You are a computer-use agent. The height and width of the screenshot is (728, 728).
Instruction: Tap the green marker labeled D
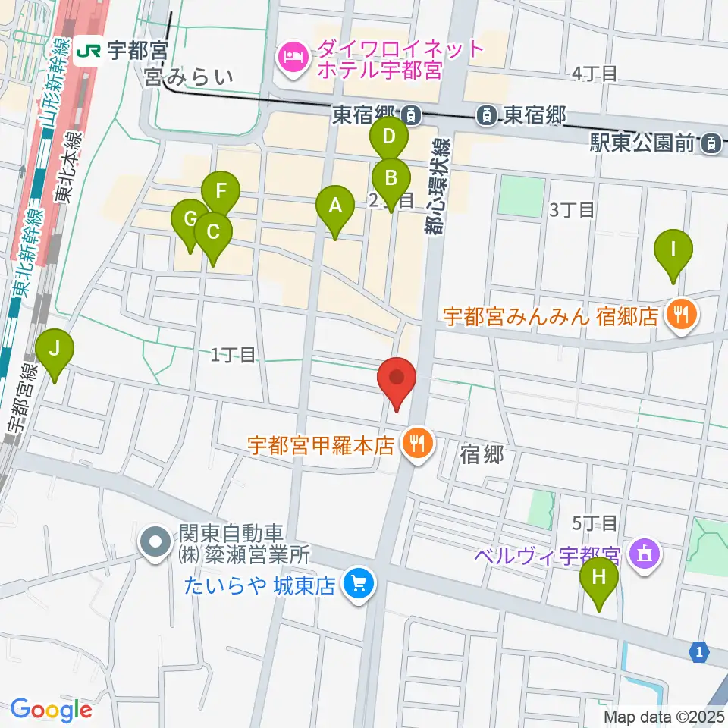click(388, 138)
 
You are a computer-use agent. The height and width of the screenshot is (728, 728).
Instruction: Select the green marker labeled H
click(599, 578)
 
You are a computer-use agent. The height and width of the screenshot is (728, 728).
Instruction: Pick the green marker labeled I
click(672, 249)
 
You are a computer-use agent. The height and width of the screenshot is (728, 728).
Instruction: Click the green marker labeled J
click(55, 351)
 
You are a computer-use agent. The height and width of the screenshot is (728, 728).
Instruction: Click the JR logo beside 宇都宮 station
click(88, 51)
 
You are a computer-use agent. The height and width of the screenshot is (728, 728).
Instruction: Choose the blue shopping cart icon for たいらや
click(357, 583)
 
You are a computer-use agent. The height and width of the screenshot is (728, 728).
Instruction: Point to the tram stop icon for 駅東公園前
click(711, 141)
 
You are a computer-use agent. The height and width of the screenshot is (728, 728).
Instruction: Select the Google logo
click(51, 709)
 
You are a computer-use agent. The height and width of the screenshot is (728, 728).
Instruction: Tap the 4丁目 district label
click(595, 74)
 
